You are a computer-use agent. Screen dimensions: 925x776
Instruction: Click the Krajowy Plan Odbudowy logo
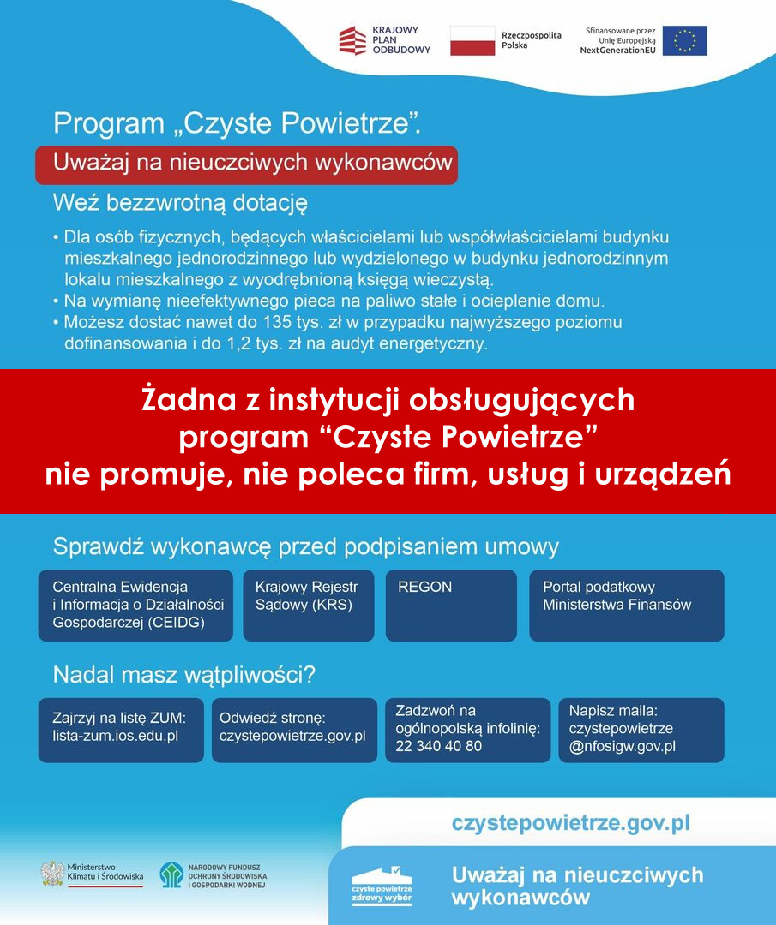point(384,40)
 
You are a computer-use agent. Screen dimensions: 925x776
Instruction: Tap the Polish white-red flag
point(472,40)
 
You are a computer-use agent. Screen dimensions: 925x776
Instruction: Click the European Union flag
point(684,40)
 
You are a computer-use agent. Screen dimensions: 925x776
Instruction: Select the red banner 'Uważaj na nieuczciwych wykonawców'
point(246,164)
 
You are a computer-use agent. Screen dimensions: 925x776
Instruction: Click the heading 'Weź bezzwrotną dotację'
point(180,204)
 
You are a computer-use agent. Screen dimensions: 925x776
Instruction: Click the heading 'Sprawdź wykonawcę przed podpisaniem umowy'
point(306,546)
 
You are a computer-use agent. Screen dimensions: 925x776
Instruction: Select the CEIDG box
point(135,605)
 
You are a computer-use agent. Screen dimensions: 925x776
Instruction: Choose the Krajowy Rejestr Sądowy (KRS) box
point(309,605)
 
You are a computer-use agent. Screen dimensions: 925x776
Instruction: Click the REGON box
point(451,605)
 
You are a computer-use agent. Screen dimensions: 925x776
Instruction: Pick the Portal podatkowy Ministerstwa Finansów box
point(627,605)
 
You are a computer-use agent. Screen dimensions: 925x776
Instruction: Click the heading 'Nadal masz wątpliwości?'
point(184,675)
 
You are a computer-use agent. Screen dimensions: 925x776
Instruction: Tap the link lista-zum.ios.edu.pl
point(115,736)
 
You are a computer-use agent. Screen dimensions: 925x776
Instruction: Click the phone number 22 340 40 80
point(439,746)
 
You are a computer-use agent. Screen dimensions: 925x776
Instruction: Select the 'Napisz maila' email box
point(642,729)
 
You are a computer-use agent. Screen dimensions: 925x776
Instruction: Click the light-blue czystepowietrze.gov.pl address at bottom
point(571,824)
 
